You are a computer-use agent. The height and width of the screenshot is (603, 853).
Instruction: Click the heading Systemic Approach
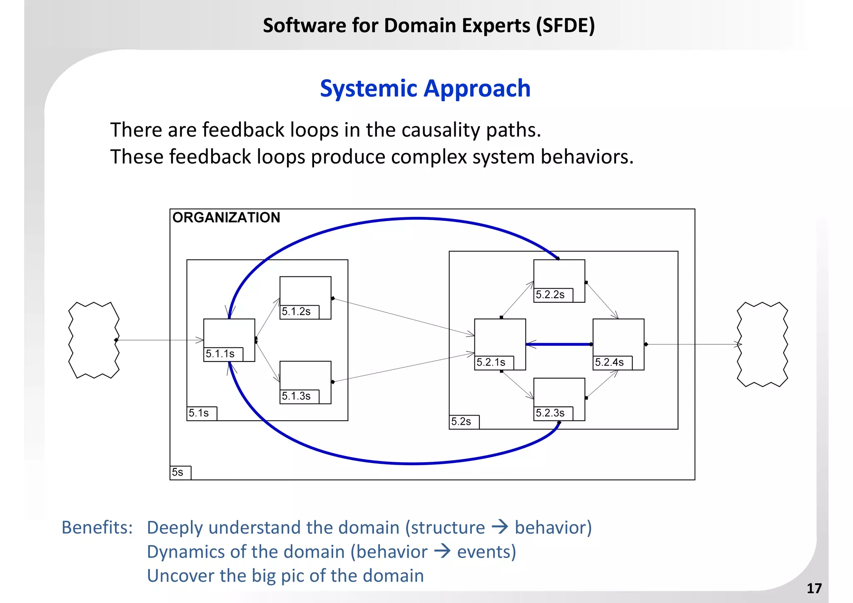point(425,88)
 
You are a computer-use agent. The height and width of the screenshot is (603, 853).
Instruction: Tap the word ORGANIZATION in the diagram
point(226,217)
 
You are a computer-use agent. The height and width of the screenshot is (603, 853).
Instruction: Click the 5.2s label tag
point(464,421)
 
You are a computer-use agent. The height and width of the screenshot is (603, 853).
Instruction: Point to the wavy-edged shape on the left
point(94,340)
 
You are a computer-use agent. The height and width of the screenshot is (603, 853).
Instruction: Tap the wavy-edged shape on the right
point(762,344)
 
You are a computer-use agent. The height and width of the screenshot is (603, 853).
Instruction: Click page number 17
point(814,588)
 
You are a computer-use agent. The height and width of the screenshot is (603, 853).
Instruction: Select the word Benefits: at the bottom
point(97,527)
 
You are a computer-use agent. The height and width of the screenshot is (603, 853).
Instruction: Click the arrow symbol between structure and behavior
point(500,527)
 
